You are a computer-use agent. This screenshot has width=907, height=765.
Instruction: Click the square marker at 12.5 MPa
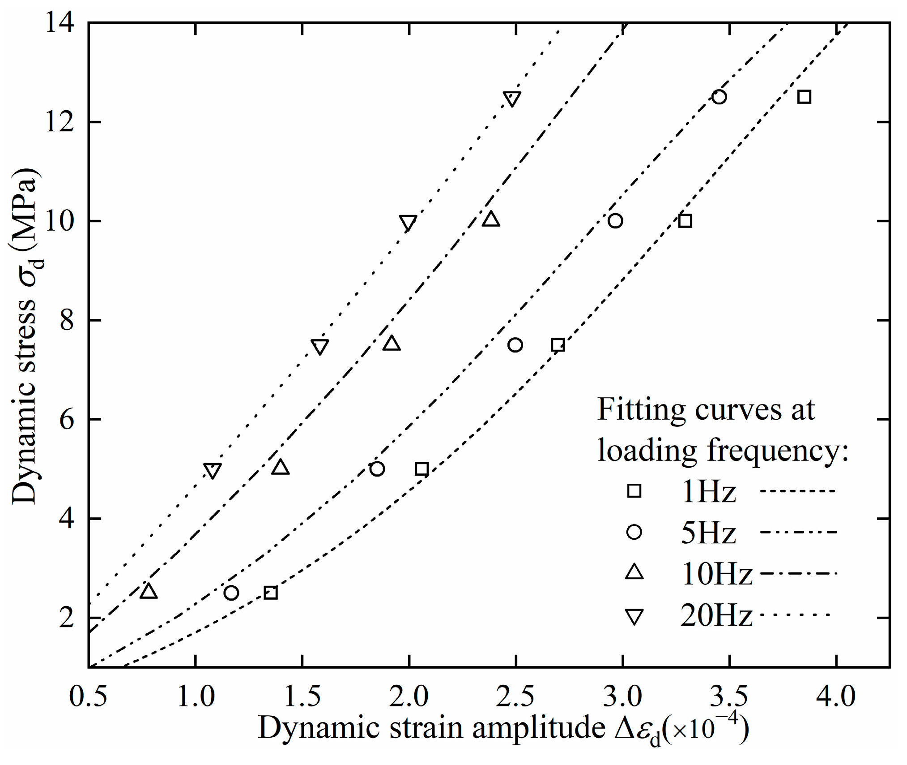[x=804, y=97]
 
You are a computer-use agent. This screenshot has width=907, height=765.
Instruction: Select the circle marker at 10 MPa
[x=615, y=221]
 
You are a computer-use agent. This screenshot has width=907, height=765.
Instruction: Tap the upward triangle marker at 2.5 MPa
[x=149, y=592]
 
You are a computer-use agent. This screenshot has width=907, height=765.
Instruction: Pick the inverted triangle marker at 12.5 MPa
[x=512, y=99]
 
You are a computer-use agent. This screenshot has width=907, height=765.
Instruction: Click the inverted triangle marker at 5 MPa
[x=213, y=471]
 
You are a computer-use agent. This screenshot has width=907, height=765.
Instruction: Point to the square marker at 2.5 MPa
[x=270, y=593]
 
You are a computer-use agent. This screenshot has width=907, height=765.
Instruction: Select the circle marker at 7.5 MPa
[x=515, y=345]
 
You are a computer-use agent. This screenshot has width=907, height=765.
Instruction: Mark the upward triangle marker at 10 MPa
[x=491, y=219]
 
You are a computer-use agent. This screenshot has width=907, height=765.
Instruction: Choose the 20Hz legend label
[x=716, y=616]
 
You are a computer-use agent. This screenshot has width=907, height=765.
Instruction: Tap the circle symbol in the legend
[x=634, y=532]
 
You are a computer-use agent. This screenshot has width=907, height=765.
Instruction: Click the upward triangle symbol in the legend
[x=634, y=573]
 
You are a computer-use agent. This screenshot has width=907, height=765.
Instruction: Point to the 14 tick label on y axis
[x=60, y=22]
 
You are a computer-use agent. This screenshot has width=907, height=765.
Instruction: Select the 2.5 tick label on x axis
[x=515, y=697]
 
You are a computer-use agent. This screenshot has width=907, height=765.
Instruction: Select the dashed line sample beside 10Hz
[x=798, y=573]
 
